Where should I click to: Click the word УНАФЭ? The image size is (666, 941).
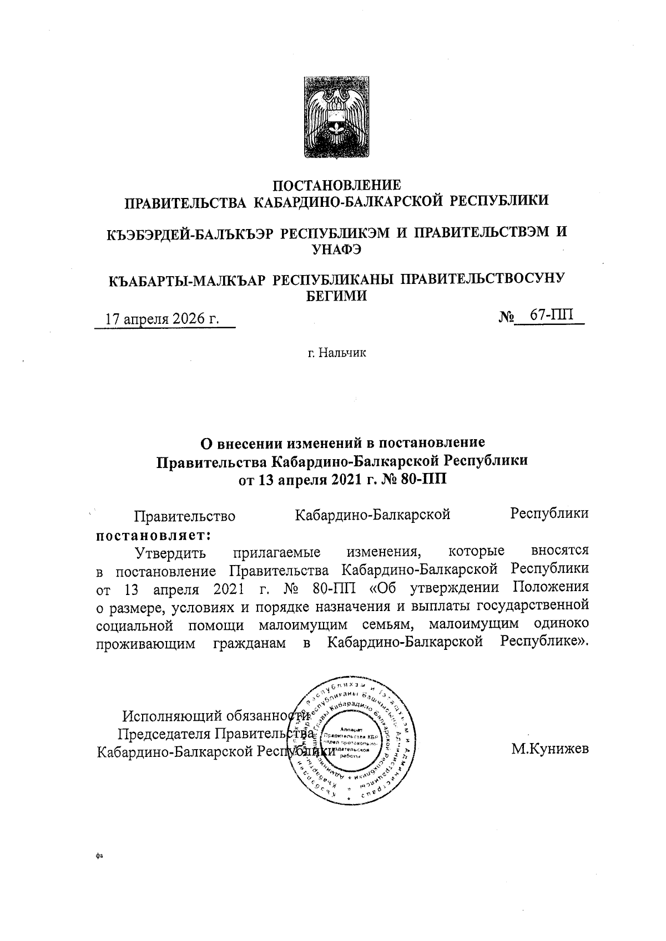pyautogui.click(x=337, y=249)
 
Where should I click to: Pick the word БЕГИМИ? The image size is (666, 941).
pyautogui.click(x=337, y=296)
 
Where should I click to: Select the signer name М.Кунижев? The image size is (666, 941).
pyautogui.click(x=550, y=750)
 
